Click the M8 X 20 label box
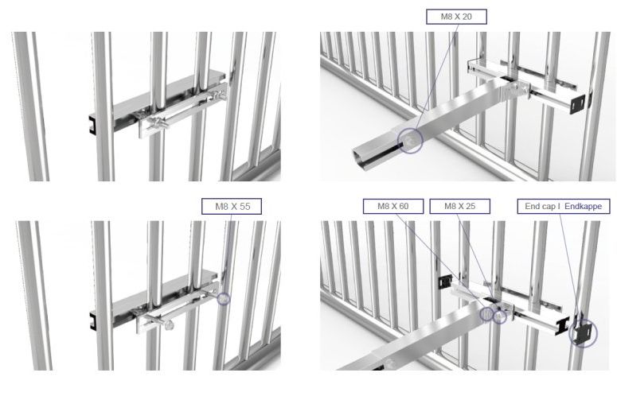tap(456, 17)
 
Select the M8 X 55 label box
tap(232, 207)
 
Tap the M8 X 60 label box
tap(393, 206)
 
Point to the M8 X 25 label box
tap(459, 206)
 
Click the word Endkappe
tap(583, 206)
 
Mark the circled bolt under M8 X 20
tap(410, 141)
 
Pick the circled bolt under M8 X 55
tap(224, 299)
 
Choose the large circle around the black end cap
tap(583, 334)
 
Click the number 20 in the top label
tap(467, 17)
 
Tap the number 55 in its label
tap(244, 207)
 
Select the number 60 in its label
tap(404, 206)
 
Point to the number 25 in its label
tap(471, 206)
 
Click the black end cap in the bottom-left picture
tap(94, 320)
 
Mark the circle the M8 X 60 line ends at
tap(486, 314)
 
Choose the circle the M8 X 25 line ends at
tap(500, 317)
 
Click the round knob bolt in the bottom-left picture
tap(170, 324)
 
